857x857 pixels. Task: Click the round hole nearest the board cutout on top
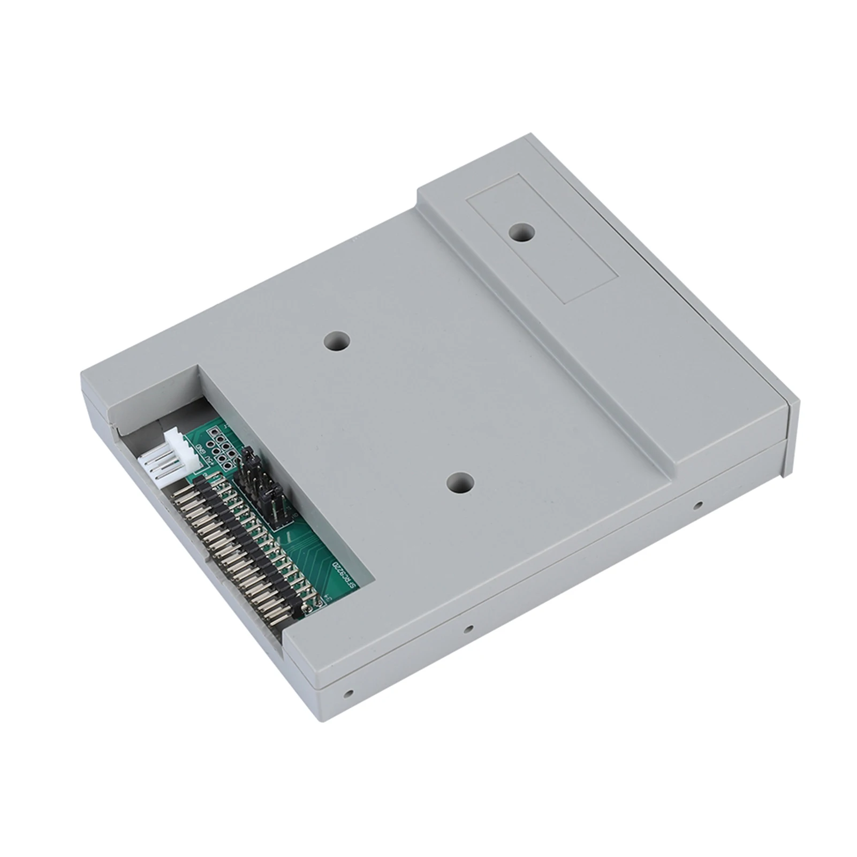pos(337,340)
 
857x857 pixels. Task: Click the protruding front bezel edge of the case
pos(791,436)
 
